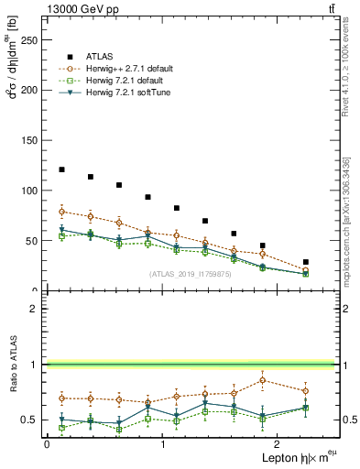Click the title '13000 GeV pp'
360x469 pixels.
[x=78, y=8]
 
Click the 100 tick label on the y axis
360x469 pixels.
[x=30, y=191]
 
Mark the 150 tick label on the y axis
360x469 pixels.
[x=30, y=141]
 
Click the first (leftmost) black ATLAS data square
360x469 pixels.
[x=61, y=169]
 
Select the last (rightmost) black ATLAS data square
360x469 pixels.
[x=305, y=262]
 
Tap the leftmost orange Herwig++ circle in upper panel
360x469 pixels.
[x=61, y=212]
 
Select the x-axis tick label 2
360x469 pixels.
[x=279, y=443]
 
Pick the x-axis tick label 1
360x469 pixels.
[x=163, y=443]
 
